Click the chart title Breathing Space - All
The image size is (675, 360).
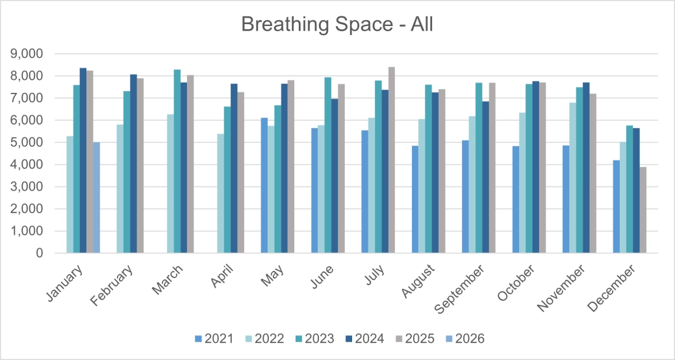click(337, 24)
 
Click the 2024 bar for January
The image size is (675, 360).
click(83, 161)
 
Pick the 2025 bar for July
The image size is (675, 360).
click(392, 160)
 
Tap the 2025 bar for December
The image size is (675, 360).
click(643, 210)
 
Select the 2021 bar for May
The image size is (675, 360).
click(264, 185)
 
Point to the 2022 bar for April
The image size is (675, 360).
click(221, 193)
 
